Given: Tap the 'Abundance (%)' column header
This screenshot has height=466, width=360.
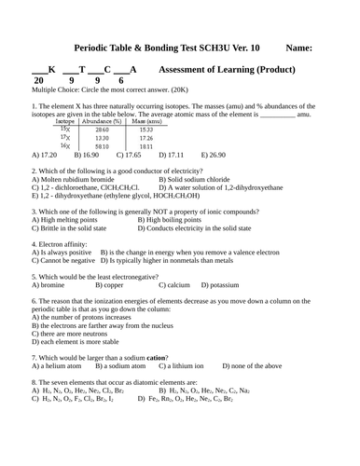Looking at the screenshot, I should (102, 121).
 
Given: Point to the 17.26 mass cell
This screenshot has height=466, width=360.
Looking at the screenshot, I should (147, 138).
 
